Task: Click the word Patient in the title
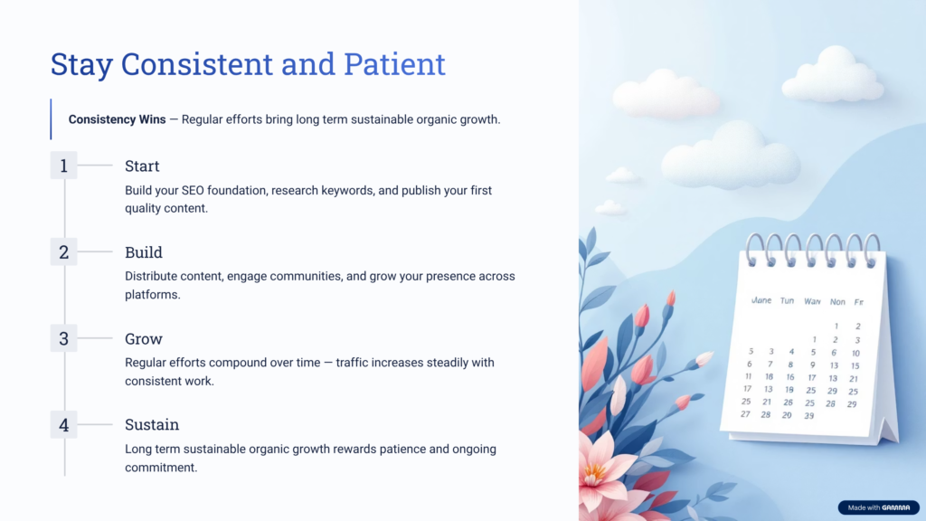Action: [394, 64]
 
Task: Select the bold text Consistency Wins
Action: [117, 119]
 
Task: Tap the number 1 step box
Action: [63, 166]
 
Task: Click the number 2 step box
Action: [63, 252]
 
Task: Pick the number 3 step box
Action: [63, 338]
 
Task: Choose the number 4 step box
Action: [63, 424]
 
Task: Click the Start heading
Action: [142, 166]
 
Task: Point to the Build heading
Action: [144, 252]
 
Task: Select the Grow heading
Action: [144, 339]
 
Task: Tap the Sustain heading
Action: [152, 425]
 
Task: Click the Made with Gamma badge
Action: [878, 507]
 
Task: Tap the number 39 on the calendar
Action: [809, 415]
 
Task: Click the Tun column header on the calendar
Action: [788, 300]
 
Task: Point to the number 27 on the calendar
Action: [745, 414]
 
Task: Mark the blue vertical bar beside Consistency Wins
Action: [52, 119]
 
